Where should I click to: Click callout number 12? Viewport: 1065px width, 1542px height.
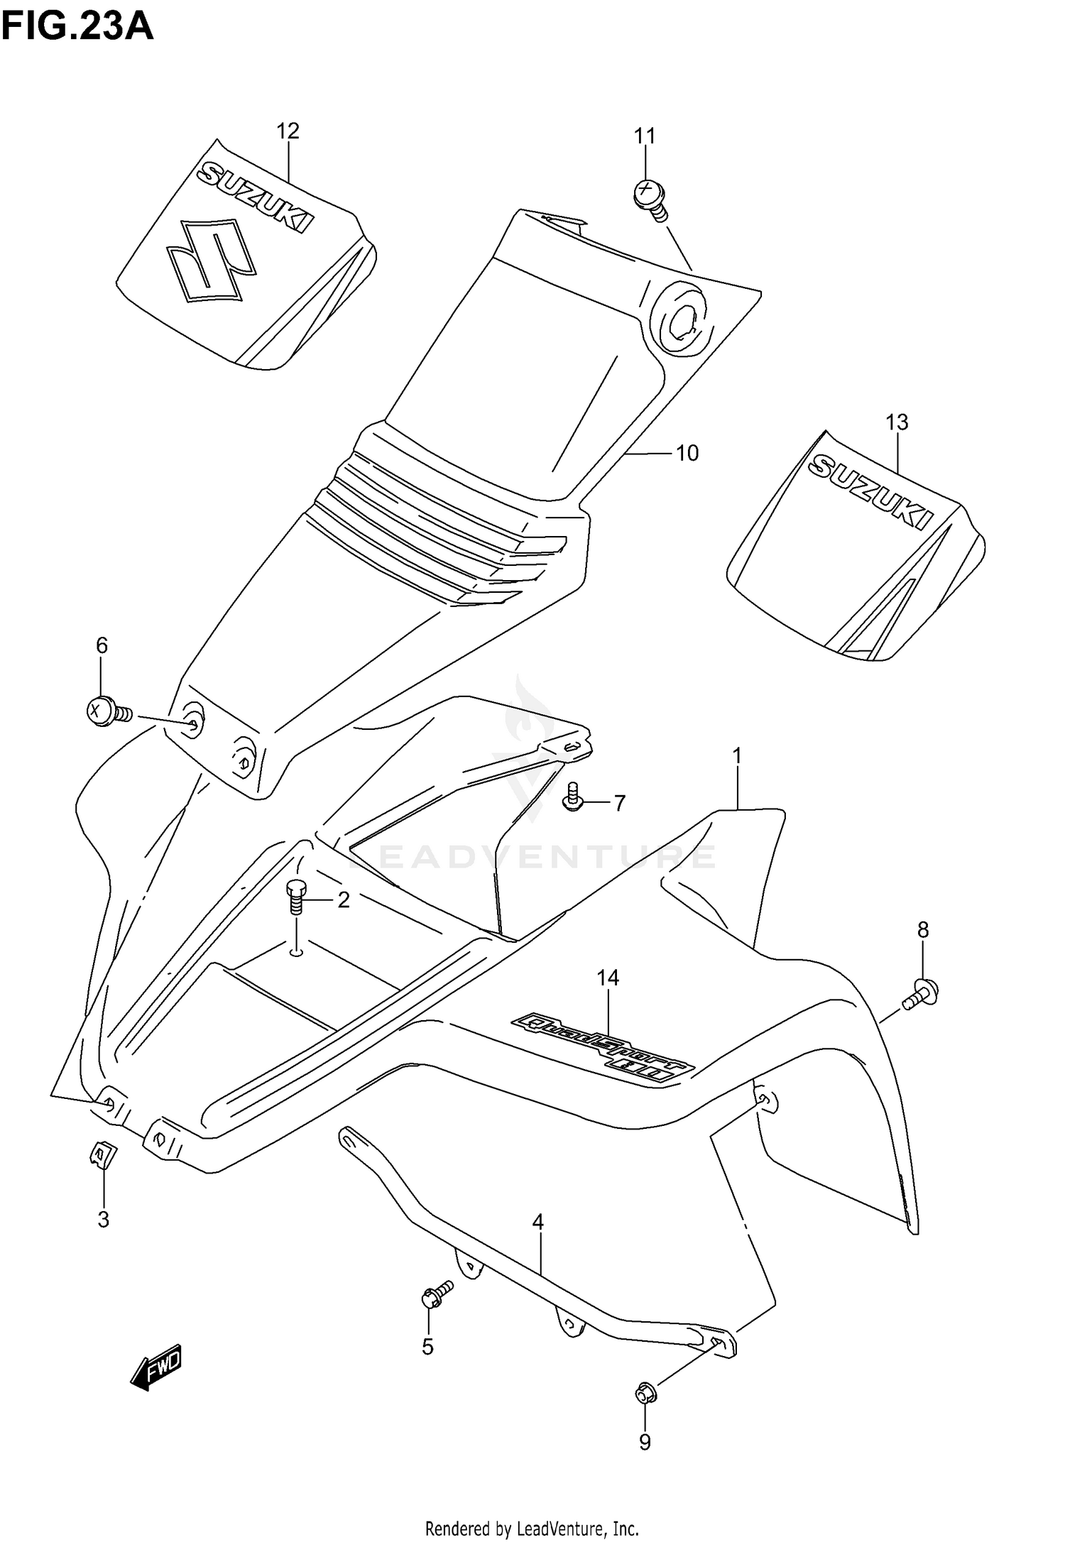click(x=288, y=131)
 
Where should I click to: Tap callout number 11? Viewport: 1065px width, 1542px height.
click(x=644, y=135)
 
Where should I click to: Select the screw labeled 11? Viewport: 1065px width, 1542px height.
click(x=650, y=196)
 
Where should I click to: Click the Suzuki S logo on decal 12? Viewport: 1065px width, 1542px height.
click(x=211, y=261)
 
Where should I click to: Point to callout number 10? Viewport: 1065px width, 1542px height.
click(x=687, y=453)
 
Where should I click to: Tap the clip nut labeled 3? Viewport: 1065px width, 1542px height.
click(x=101, y=1155)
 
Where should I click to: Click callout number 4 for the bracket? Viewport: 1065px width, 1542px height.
click(x=537, y=1222)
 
